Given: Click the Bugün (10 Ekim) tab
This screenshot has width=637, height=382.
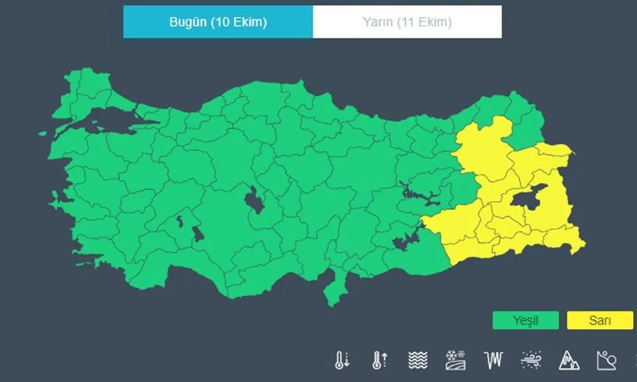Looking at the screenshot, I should (x=218, y=22).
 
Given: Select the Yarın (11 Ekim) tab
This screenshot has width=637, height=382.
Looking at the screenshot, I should (x=407, y=22).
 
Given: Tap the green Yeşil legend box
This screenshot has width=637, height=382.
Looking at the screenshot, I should (x=526, y=320).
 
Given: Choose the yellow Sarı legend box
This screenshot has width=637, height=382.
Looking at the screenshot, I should (x=599, y=320).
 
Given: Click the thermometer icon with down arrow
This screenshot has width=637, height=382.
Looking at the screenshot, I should (x=342, y=360).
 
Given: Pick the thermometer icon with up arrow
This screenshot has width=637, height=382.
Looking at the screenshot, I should (x=379, y=360).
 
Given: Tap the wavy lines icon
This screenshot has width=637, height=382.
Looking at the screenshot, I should (x=417, y=360).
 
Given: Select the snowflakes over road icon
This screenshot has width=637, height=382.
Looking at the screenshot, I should (x=455, y=360).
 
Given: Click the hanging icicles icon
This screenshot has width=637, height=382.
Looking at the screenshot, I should (x=492, y=360).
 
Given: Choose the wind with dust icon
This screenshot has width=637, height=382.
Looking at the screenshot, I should (x=531, y=360).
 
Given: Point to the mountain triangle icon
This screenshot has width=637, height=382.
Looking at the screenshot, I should (x=568, y=360).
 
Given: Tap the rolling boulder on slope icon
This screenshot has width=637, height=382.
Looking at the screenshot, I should (x=606, y=360).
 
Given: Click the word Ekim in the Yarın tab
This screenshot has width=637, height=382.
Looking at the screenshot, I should (x=434, y=22).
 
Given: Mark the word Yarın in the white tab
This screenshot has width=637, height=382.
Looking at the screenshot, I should (x=377, y=22).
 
